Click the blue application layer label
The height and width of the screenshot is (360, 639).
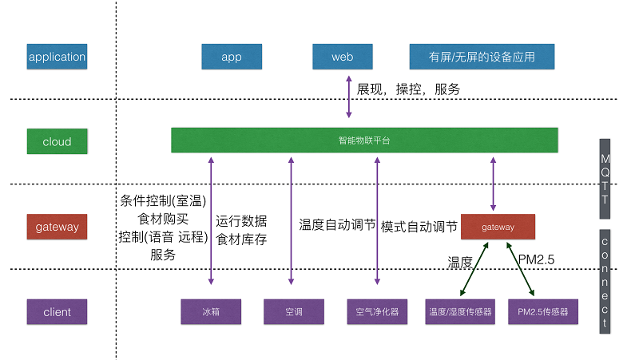(57, 57)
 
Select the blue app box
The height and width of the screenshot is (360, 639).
(232, 57)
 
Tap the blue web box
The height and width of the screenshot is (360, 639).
(343, 57)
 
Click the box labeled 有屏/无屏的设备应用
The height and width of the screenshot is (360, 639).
(482, 57)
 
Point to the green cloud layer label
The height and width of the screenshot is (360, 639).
(57, 142)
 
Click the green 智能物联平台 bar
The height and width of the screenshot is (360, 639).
(364, 140)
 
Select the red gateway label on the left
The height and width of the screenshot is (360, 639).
(57, 227)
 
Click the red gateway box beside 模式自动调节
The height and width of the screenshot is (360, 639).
(498, 227)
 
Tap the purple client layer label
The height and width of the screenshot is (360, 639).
(57, 311)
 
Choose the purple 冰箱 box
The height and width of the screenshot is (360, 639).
(210, 311)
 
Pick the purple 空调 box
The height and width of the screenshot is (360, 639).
(294, 311)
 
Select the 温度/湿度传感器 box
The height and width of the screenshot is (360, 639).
(460, 311)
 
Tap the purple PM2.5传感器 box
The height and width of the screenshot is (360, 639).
(543, 311)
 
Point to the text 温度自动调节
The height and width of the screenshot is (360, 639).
(337, 226)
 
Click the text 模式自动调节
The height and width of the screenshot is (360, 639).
(419, 227)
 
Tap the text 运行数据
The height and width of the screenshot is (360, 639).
(241, 221)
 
